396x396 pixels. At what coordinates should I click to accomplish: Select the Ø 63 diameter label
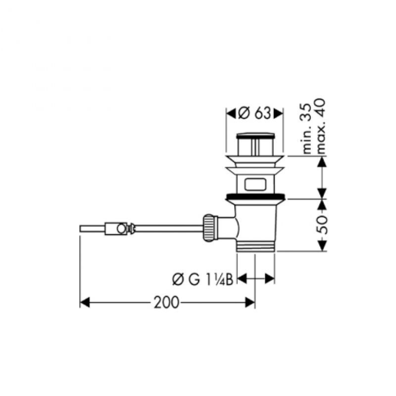pos(255,113)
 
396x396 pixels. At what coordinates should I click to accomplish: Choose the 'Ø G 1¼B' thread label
pos(203,280)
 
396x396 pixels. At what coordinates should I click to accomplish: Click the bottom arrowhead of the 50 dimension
pos(322,246)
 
